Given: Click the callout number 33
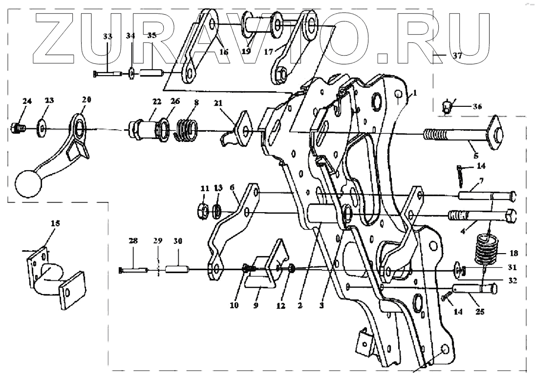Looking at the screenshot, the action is [x=107, y=37].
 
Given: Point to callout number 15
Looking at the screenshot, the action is [x=55, y=223].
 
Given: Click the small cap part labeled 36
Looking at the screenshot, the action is [x=446, y=105].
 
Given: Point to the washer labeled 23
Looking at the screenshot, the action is [x=42, y=129].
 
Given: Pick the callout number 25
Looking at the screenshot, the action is [x=480, y=311].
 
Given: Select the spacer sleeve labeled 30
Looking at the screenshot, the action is [x=176, y=269].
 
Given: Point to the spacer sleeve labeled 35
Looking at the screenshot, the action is [x=151, y=74].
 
